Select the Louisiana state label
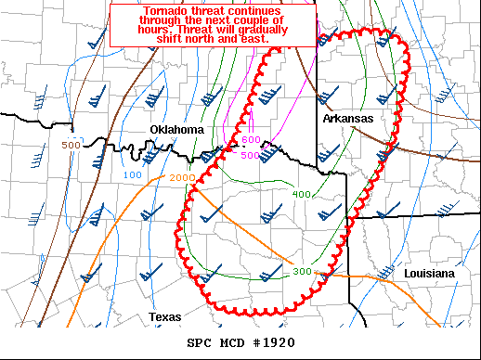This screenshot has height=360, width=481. (429, 274)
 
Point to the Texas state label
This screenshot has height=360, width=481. (164, 317)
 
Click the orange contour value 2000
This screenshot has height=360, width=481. (182, 177)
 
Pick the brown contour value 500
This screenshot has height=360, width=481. (71, 146)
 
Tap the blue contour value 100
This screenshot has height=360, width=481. (132, 174)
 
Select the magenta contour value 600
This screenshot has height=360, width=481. (251, 139)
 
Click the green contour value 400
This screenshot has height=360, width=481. (302, 194)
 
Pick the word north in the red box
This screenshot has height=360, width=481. (213, 40)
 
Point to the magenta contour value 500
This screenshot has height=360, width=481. (251, 155)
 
